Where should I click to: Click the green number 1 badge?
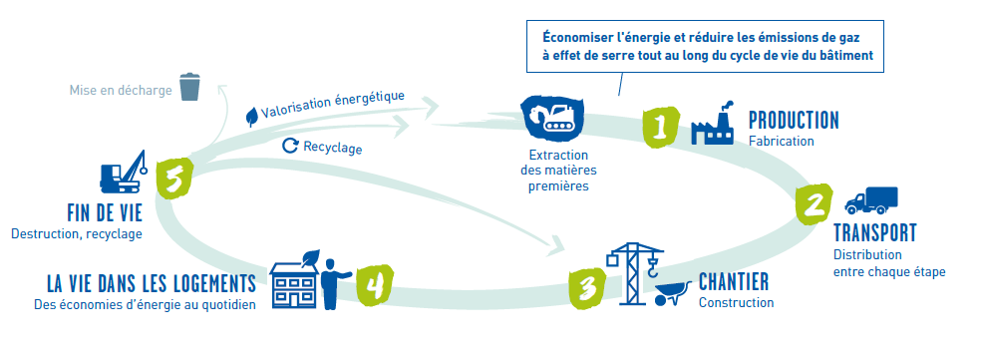point(660,126)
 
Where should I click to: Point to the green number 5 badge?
point(173,180)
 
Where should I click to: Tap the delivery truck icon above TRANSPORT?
point(871,200)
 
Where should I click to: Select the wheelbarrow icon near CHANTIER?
point(673,293)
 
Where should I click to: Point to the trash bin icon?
point(190,87)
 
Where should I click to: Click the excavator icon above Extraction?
point(552,118)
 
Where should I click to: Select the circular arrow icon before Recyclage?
point(290,146)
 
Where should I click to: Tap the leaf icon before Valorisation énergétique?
point(251,116)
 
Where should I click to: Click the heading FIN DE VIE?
point(105,213)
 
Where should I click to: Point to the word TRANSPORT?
point(875,233)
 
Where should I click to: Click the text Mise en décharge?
point(121,90)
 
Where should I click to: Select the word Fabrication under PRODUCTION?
point(782,141)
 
